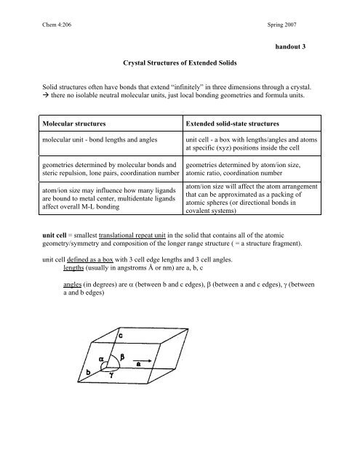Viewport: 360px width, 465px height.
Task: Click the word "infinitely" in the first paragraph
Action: [215, 92]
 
